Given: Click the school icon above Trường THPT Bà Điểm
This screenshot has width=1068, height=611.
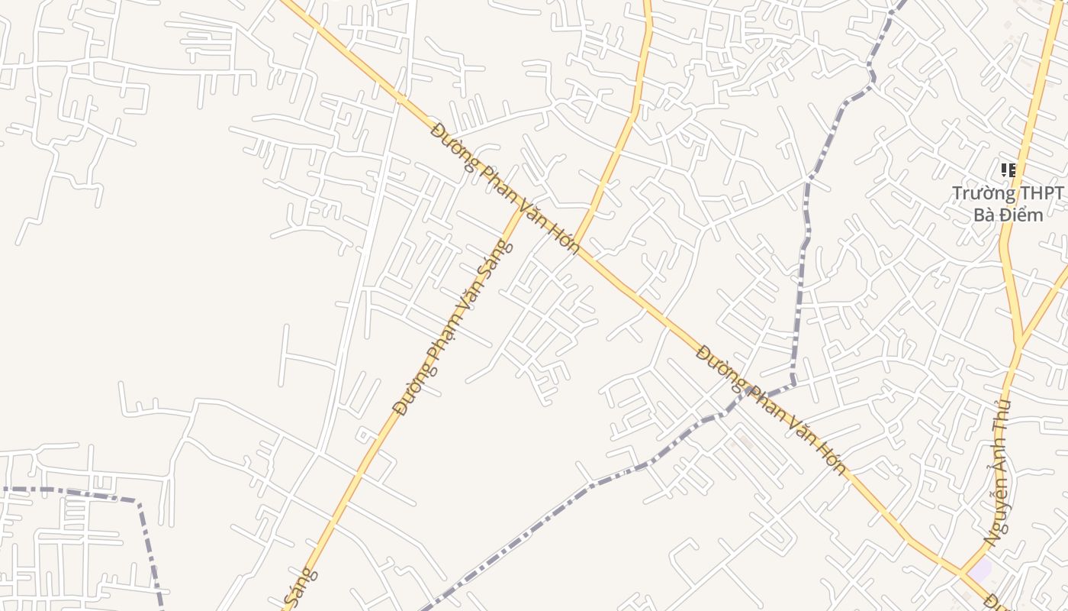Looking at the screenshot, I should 1008,170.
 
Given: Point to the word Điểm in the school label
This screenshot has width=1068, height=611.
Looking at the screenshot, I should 1020,215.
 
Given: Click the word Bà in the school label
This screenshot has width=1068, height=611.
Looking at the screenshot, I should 985,215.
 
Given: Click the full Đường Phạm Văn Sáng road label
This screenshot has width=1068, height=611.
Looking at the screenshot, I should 454,328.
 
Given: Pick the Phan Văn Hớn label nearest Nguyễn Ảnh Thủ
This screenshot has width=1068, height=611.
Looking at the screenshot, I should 772,409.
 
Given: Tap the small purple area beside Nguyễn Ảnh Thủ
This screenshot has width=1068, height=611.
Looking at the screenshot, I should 980,570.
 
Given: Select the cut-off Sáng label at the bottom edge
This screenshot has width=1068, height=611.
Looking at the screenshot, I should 299,590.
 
